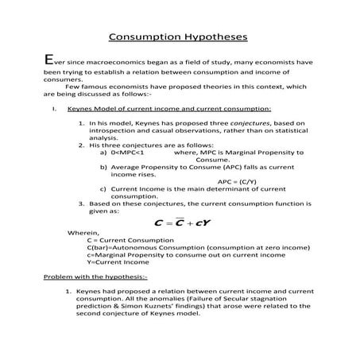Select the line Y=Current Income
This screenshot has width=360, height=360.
[116, 261]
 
